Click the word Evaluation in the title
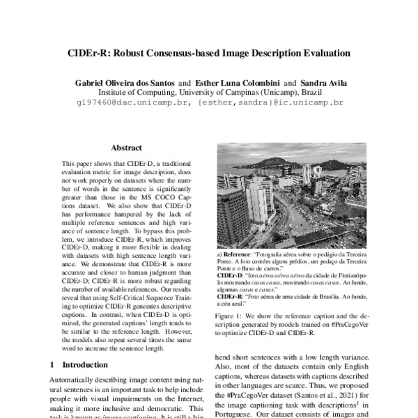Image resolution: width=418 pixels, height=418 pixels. [x=311, y=52]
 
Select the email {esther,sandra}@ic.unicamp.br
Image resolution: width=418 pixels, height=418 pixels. [x=271, y=102]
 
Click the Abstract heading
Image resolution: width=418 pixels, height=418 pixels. [x=126, y=148]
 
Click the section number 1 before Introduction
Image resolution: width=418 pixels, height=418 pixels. [x=53, y=364]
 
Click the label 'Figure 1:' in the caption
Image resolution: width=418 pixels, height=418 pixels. [x=231, y=316]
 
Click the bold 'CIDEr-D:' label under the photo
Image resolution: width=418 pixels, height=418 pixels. [x=231, y=276]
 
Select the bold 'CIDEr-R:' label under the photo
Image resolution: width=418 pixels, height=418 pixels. [x=231, y=295]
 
